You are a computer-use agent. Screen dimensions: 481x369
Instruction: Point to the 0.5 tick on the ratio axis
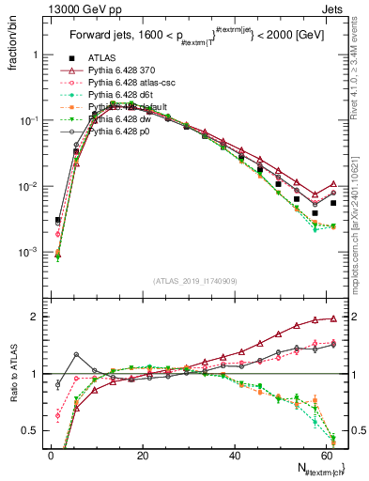32,430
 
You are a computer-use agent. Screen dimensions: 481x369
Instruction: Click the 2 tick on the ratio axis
36,317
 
